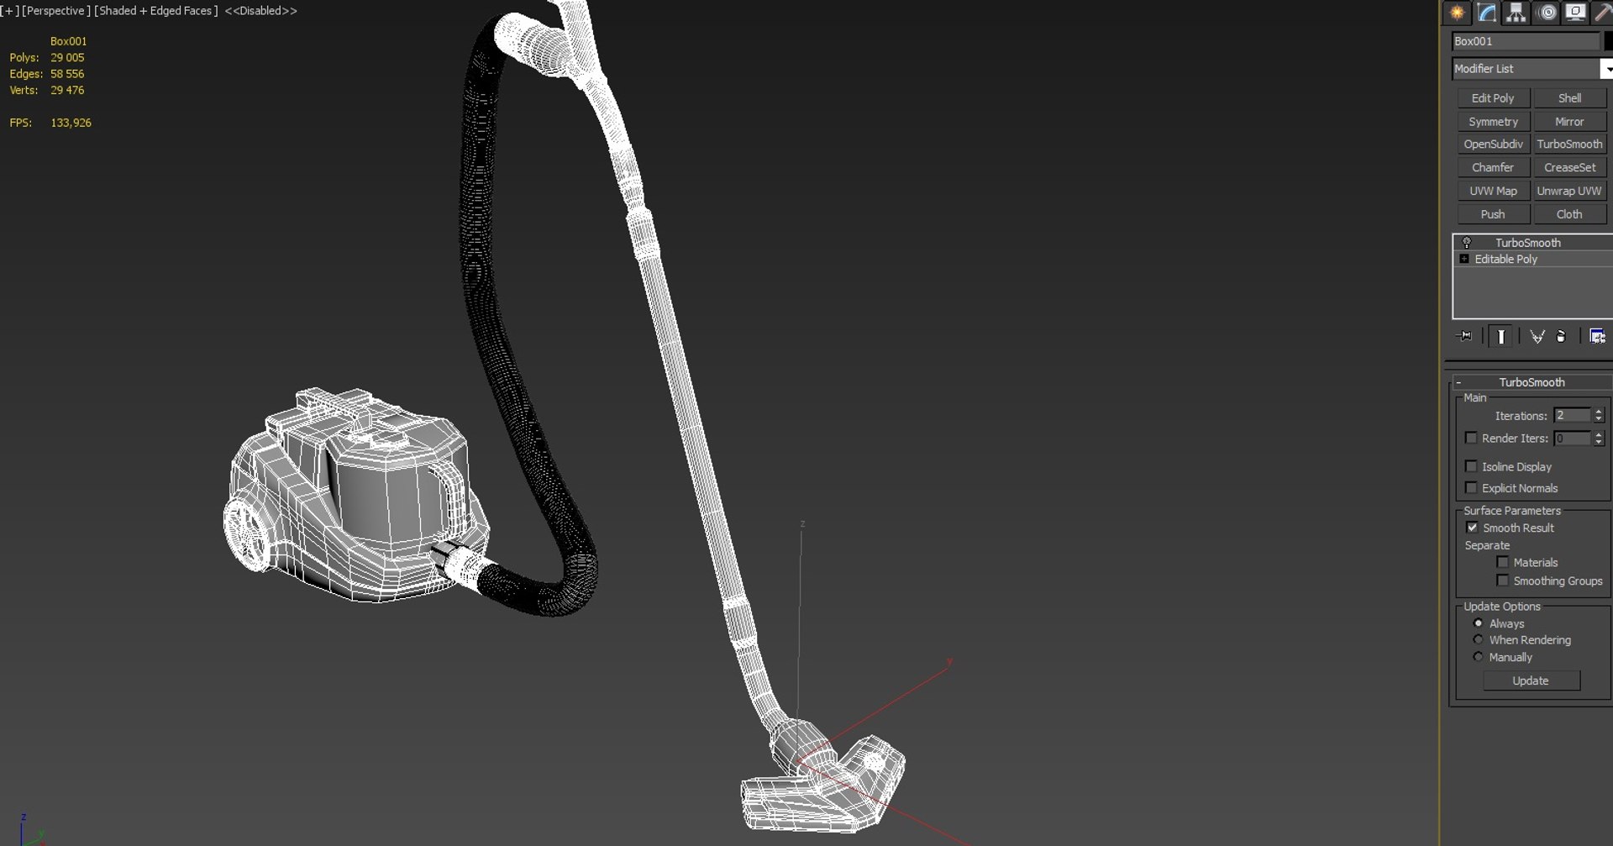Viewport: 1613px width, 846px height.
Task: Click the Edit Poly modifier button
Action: coord(1492,98)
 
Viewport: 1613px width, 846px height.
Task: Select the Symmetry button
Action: coord(1492,122)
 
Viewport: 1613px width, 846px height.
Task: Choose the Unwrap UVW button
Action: coord(1568,191)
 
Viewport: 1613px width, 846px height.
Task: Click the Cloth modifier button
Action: coord(1568,214)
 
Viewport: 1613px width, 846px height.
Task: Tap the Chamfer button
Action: coord(1492,167)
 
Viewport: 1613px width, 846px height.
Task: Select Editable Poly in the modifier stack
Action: coord(1505,260)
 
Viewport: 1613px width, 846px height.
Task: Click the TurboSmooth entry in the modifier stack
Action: coord(1527,243)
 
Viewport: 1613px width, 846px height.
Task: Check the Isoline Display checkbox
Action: coord(1471,466)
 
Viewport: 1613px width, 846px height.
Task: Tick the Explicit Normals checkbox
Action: coord(1471,488)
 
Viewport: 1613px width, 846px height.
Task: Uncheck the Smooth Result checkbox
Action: coord(1472,528)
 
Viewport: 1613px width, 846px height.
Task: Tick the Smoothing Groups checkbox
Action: coord(1502,581)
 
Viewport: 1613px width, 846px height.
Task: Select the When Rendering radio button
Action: coord(1478,640)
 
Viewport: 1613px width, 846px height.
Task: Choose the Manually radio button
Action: coord(1478,657)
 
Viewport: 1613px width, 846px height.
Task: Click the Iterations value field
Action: coord(1572,416)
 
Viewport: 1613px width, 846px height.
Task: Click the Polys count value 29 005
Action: coord(67,58)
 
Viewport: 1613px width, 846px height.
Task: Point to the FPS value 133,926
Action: coord(71,123)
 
